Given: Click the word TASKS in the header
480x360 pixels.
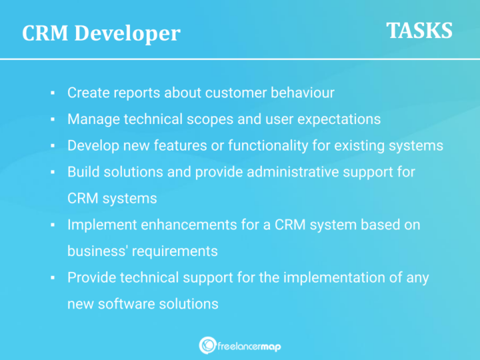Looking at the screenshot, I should [x=419, y=30].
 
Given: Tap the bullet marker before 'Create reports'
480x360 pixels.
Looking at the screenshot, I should [x=52, y=93].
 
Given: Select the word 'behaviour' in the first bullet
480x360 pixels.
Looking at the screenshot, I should [x=303, y=93].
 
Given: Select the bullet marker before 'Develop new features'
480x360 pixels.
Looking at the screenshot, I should [x=52, y=145].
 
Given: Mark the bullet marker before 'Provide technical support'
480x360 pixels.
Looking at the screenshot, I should [x=52, y=277].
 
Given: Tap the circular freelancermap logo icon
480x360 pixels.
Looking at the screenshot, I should [x=207, y=345].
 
